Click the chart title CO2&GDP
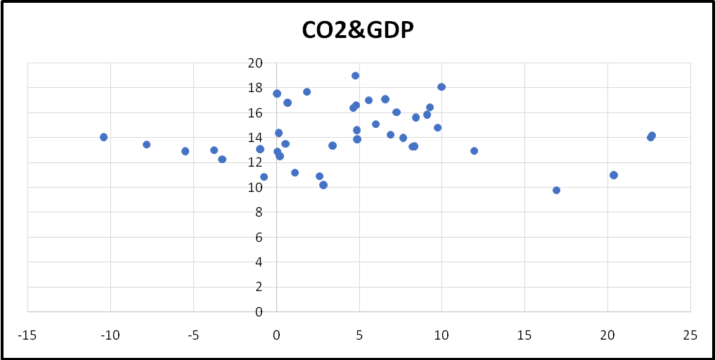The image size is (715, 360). (x=356, y=30)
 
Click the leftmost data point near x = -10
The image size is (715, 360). (x=103, y=137)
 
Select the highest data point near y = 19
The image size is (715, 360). (x=355, y=76)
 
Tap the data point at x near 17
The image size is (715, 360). (x=556, y=190)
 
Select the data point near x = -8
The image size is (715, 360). (x=146, y=144)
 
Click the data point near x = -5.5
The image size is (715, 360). (x=185, y=151)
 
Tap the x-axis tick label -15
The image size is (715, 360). (x=27, y=335)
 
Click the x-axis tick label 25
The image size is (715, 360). (x=690, y=335)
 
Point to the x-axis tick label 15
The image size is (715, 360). (x=524, y=335)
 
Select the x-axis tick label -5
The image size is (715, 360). (x=193, y=335)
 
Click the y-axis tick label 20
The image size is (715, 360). (x=255, y=63)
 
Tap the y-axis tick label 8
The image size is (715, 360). (x=258, y=212)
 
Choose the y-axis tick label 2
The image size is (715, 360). (x=258, y=287)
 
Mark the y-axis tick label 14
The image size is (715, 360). (x=255, y=138)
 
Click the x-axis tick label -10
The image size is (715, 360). (x=110, y=335)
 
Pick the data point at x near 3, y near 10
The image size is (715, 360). (x=323, y=185)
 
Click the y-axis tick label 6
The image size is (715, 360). (x=258, y=237)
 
